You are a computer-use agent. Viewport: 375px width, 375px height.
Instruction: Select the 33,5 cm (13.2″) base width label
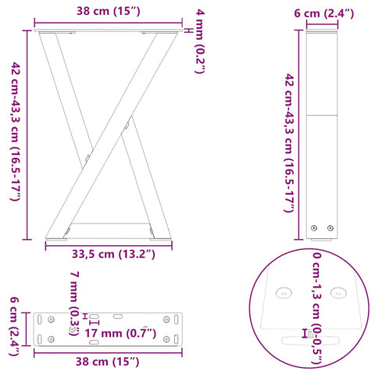[x=102, y=253]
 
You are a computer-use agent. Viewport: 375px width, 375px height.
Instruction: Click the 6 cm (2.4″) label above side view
[x=323, y=13]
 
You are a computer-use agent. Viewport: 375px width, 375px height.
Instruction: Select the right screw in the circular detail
[x=338, y=292]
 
